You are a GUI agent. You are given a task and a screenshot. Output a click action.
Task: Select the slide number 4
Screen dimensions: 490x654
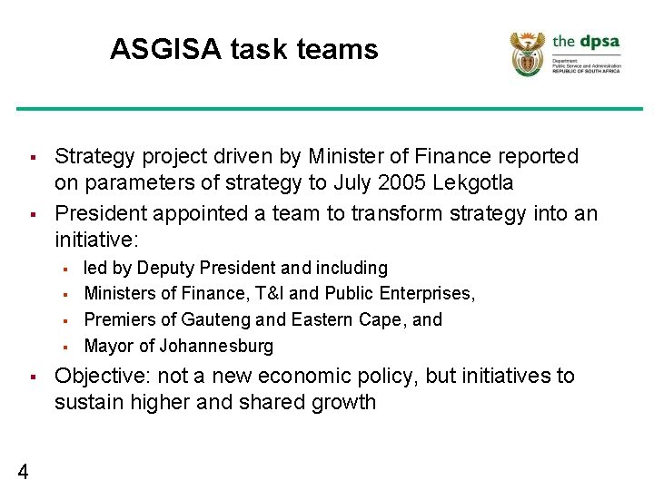tap(23, 470)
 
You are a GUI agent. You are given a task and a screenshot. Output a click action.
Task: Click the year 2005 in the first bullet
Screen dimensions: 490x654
tap(396, 183)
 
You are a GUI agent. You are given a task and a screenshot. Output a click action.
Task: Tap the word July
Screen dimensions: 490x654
tap(351, 183)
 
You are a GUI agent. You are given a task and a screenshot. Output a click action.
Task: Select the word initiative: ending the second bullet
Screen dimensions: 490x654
tap(97, 240)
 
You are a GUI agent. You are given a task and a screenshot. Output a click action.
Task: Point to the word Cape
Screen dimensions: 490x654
tap(380, 320)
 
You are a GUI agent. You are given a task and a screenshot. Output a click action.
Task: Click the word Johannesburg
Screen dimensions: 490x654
tap(216, 346)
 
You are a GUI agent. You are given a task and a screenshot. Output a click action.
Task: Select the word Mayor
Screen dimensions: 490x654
tap(108, 346)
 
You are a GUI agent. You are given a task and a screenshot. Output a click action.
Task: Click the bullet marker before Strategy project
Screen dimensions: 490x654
tap(32, 158)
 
